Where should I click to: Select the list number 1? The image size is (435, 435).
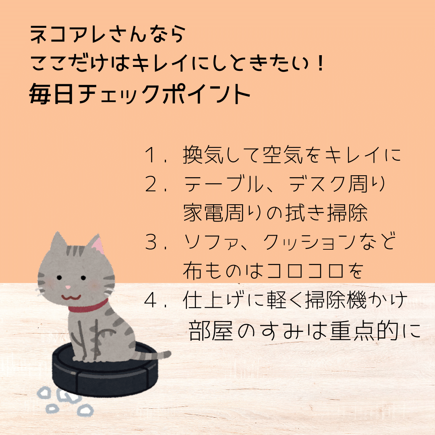(x=152, y=156)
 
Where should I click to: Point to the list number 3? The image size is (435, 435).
(x=152, y=243)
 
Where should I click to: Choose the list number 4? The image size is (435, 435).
(x=152, y=301)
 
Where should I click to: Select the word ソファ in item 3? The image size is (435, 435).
(x=213, y=243)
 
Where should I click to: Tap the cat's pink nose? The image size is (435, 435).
(x=68, y=288)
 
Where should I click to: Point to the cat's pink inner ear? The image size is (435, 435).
(x=97, y=246)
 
